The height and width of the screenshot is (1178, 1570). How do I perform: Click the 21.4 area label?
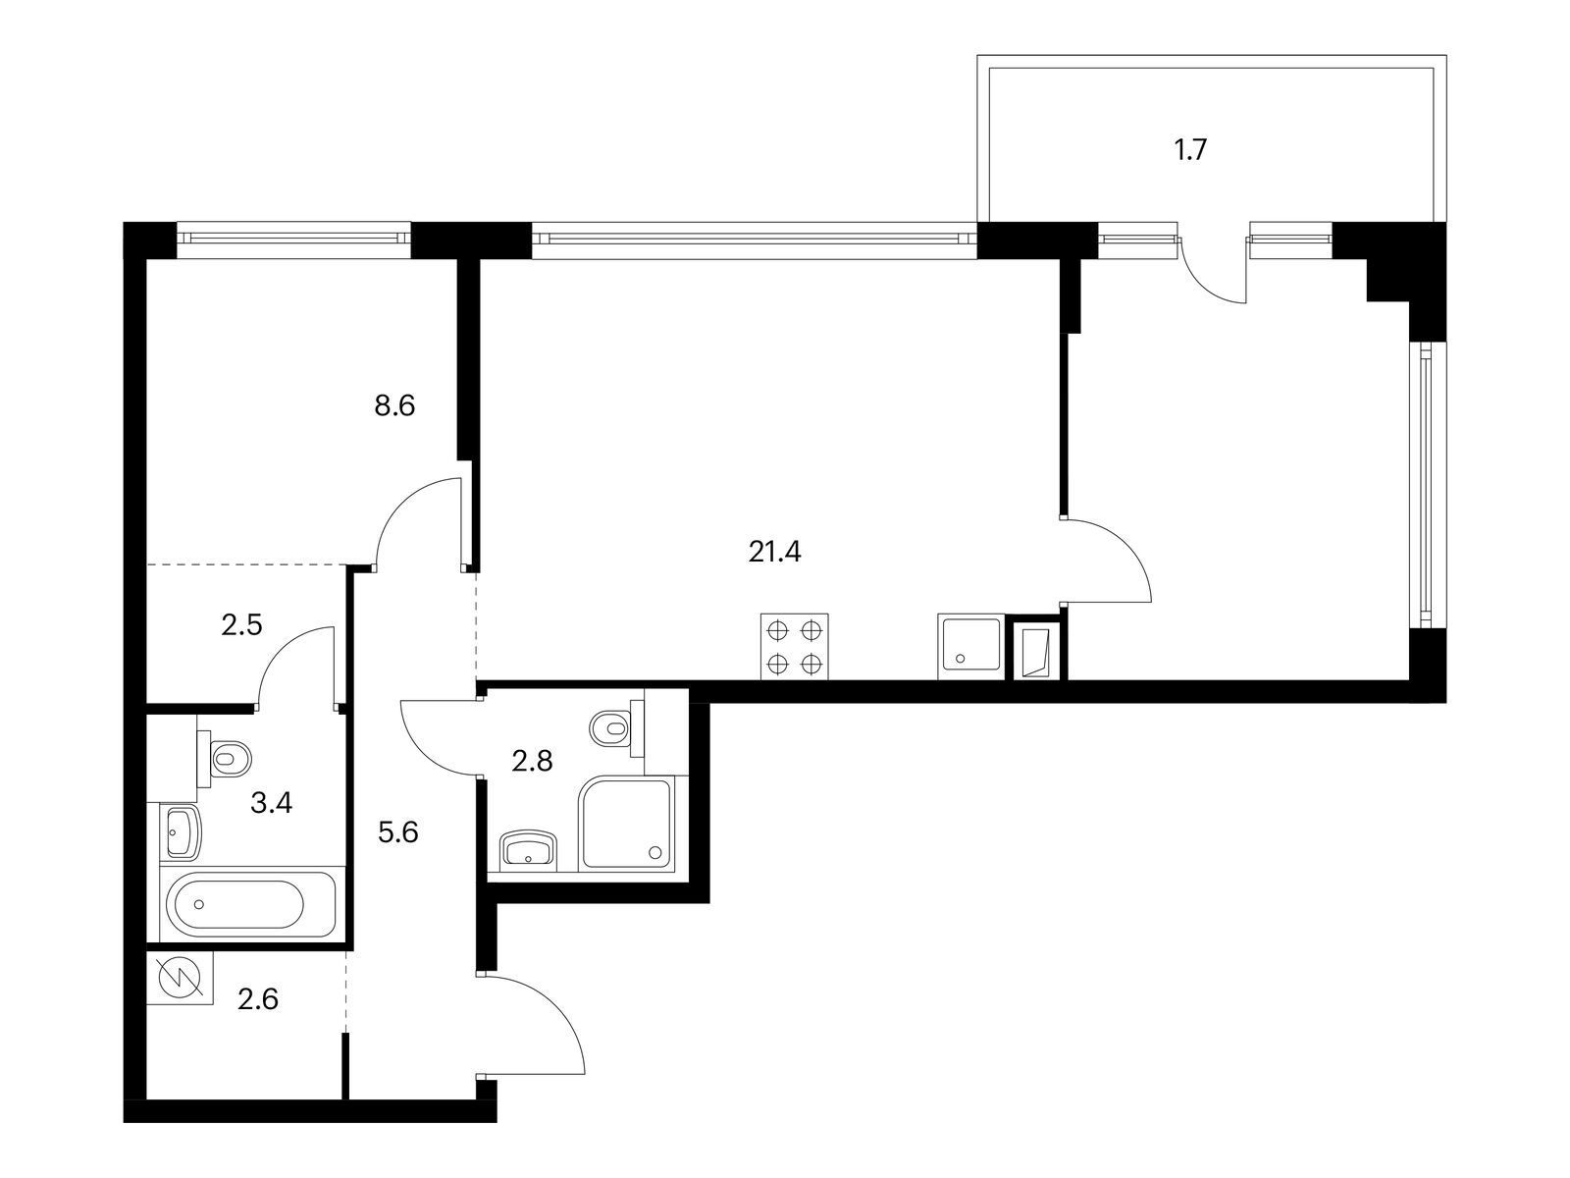tap(774, 552)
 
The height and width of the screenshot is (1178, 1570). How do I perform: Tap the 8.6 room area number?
tap(394, 406)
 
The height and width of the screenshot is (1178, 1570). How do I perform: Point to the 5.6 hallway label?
tap(397, 832)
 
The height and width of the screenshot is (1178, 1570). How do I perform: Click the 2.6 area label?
tap(257, 998)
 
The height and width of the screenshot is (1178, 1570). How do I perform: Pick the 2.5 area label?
tap(241, 625)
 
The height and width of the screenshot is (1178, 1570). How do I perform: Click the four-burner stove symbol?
tap(794, 647)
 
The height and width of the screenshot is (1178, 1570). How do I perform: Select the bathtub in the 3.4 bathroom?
tap(252, 905)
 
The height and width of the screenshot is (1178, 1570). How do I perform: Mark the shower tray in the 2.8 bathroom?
tap(627, 825)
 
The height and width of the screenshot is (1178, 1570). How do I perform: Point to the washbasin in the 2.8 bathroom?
tap(529, 850)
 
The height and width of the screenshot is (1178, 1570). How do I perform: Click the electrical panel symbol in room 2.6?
tap(180, 978)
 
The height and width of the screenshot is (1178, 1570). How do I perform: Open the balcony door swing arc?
tap(1213, 270)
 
